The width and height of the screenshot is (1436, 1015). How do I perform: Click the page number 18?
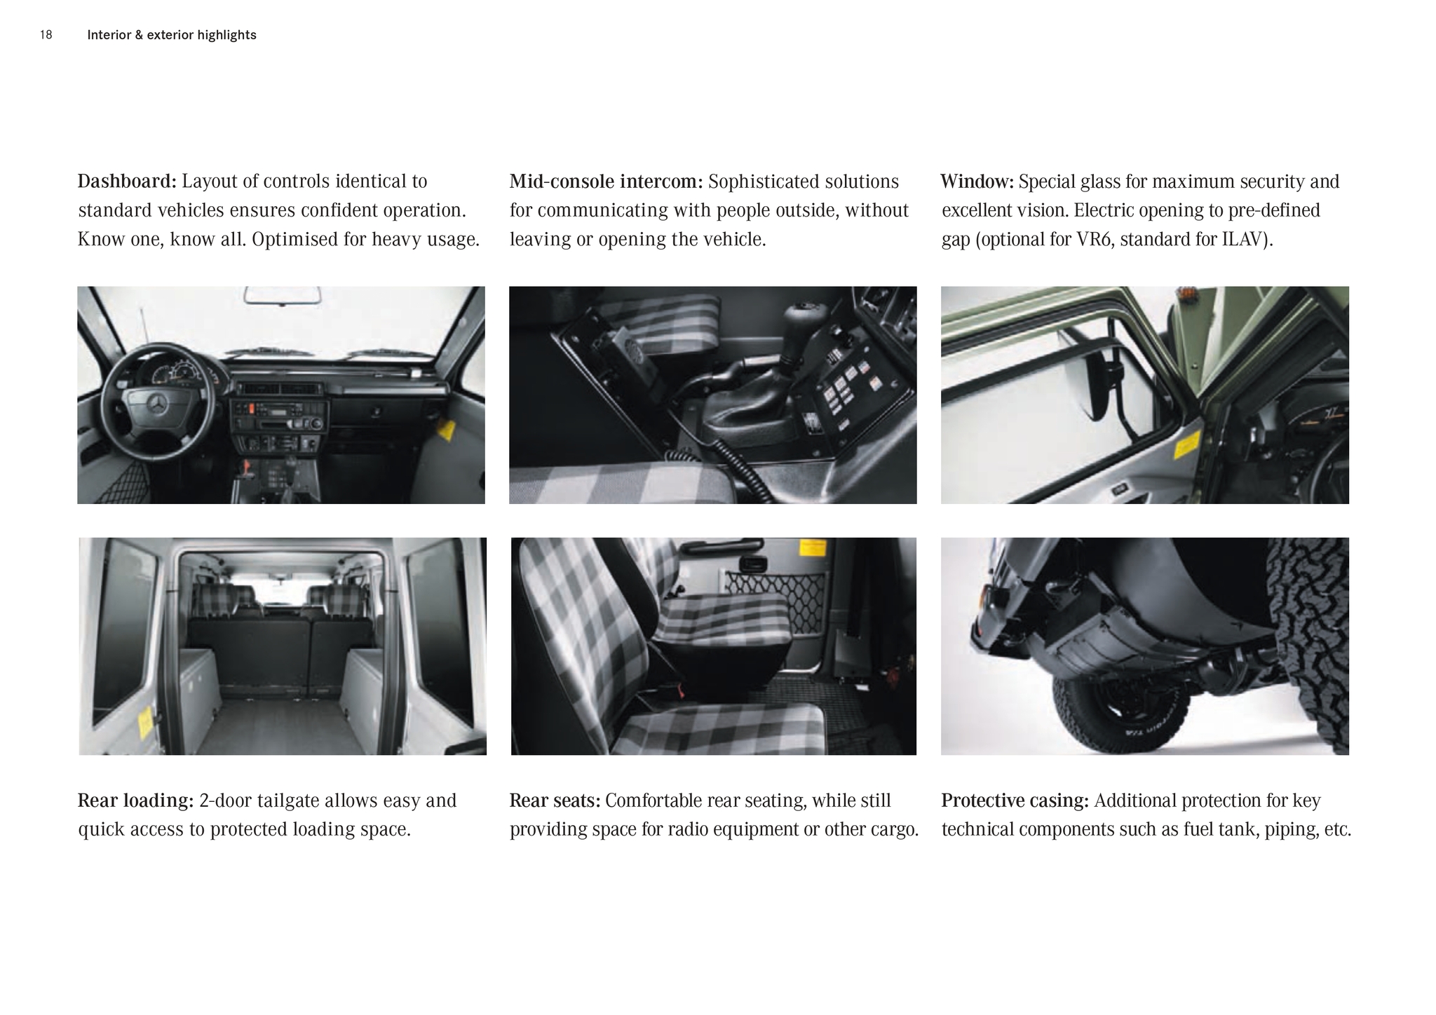click(46, 35)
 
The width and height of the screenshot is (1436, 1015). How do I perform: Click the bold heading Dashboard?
click(127, 182)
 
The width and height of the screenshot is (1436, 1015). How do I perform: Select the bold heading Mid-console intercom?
click(606, 182)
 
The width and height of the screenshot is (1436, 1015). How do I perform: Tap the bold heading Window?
click(977, 182)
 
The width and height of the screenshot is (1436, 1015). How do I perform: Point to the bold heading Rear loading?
click(135, 801)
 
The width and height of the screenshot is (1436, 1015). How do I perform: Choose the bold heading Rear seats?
click(555, 801)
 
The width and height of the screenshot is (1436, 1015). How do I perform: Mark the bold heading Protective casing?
click(1015, 801)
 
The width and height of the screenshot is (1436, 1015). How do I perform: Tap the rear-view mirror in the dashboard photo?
click(283, 295)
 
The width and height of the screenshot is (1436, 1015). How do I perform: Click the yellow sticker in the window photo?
click(1186, 445)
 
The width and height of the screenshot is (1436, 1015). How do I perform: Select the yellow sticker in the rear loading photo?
click(146, 722)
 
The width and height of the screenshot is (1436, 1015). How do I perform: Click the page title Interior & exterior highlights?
click(172, 35)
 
